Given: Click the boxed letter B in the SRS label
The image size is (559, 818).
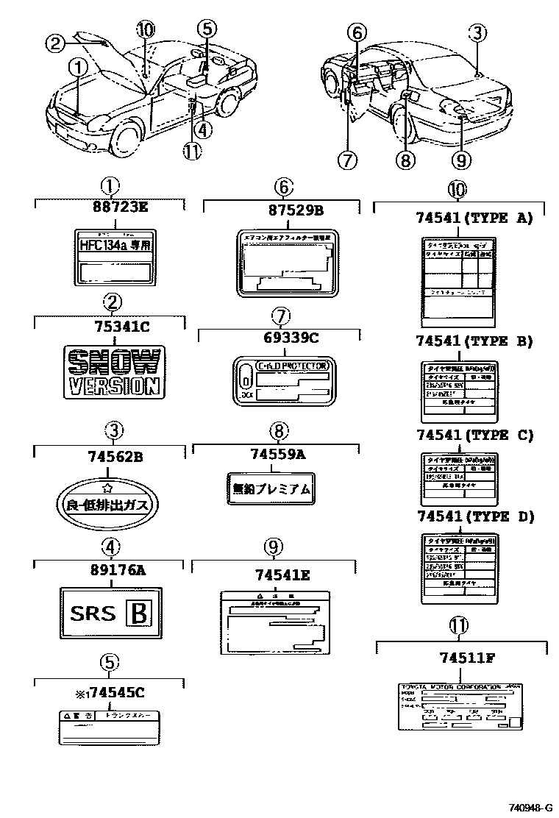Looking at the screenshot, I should (143, 613).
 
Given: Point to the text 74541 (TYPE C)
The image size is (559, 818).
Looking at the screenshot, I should (474, 435).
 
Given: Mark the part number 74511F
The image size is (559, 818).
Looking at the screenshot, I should (456, 658).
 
